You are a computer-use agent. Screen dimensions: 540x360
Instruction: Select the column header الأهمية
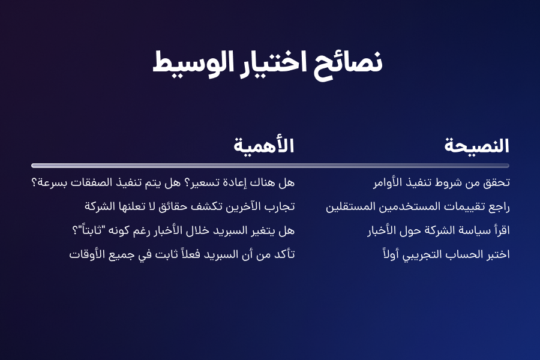tap(264, 145)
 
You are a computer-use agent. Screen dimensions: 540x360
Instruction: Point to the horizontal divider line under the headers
tap(270, 166)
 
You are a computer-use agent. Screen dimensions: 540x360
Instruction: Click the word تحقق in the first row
tap(496, 182)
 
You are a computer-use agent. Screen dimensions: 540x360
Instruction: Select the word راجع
tap(499, 206)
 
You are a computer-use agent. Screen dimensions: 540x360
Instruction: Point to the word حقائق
tap(173, 206)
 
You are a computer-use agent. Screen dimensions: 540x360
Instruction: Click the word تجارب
tap(283, 206)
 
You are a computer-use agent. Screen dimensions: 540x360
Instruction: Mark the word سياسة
tap(475, 230)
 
